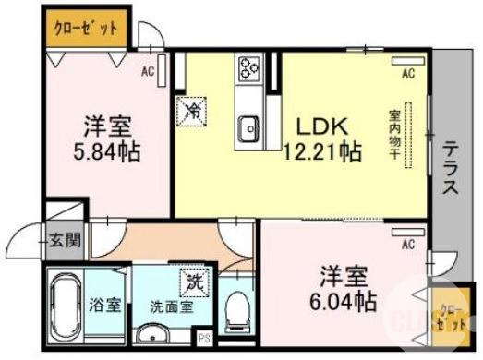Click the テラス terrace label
pyautogui.click(x=451, y=168)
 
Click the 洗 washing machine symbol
pyautogui.click(x=197, y=278)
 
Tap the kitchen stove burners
pyautogui.click(x=249, y=69)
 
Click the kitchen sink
pyautogui.click(x=248, y=128)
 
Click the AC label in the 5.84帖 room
pyautogui.click(x=147, y=70)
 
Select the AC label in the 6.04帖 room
pyautogui.click(x=407, y=244)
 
